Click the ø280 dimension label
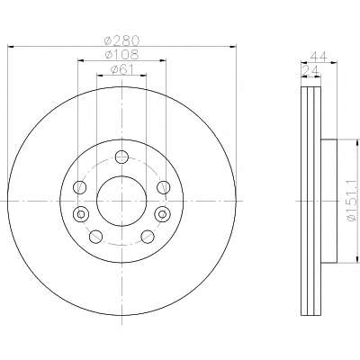[121, 40]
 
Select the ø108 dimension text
[121, 55]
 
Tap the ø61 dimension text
[122, 69]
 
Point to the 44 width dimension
[319, 56]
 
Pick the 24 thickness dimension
[310, 70]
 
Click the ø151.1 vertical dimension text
[353, 201]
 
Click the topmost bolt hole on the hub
[121, 157]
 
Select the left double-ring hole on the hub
[81, 214]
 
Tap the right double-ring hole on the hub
[162, 214]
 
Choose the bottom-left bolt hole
[95, 237]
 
